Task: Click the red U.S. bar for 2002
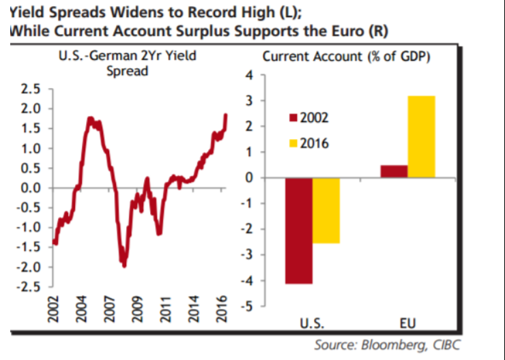[298, 230]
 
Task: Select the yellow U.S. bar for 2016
[326, 211]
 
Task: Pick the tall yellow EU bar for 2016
[421, 137]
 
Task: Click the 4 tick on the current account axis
[248, 75]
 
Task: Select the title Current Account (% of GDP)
[346, 57]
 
